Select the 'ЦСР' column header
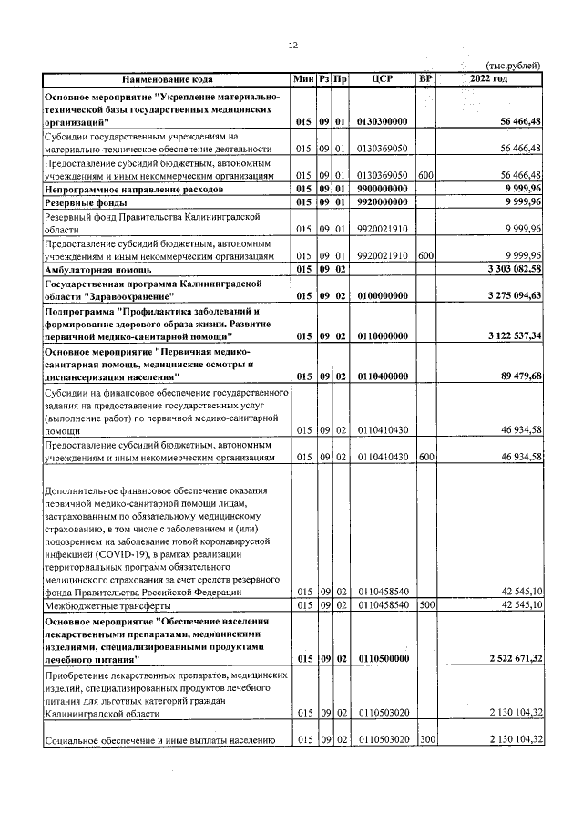(x=383, y=79)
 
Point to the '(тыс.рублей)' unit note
(x=514, y=65)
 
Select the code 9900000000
(x=383, y=188)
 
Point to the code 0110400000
(x=383, y=376)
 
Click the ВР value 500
(x=425, y=604)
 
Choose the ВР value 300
(x=425, y=738)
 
